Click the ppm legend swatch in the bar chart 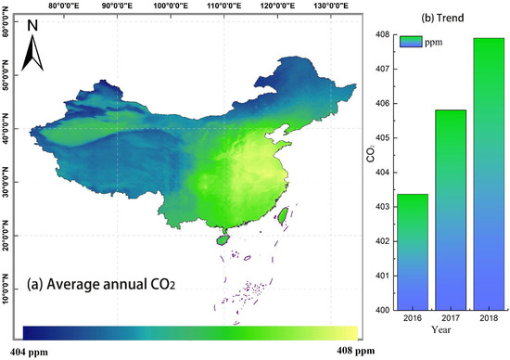click(411, 42)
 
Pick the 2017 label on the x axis click(450, 318)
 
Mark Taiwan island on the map click(286, 216)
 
